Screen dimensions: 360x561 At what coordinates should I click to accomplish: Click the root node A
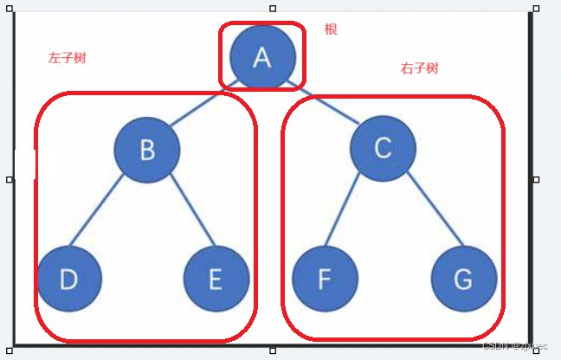coord(262,57)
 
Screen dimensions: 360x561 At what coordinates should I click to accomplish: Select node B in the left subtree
coord(147,150)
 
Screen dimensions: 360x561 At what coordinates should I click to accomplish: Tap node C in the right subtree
coord(383,149)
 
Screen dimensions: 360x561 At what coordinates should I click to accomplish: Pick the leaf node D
coord(69,279)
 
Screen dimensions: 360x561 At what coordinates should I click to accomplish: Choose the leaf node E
coord(216,279)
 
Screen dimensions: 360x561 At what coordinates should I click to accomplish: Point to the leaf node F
coord(325,279)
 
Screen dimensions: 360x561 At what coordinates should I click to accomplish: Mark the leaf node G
coord(464,279)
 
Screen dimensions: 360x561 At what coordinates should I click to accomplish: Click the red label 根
coord(331,29)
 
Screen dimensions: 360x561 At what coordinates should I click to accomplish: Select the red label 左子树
coord(67,58)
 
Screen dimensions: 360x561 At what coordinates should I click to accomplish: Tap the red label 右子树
coord(419,68)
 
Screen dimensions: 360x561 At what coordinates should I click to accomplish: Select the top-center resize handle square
coord(273,8)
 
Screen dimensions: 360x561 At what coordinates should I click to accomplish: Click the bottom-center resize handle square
coord(273,350)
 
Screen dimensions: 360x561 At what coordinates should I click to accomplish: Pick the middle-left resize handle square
coord(10,179)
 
